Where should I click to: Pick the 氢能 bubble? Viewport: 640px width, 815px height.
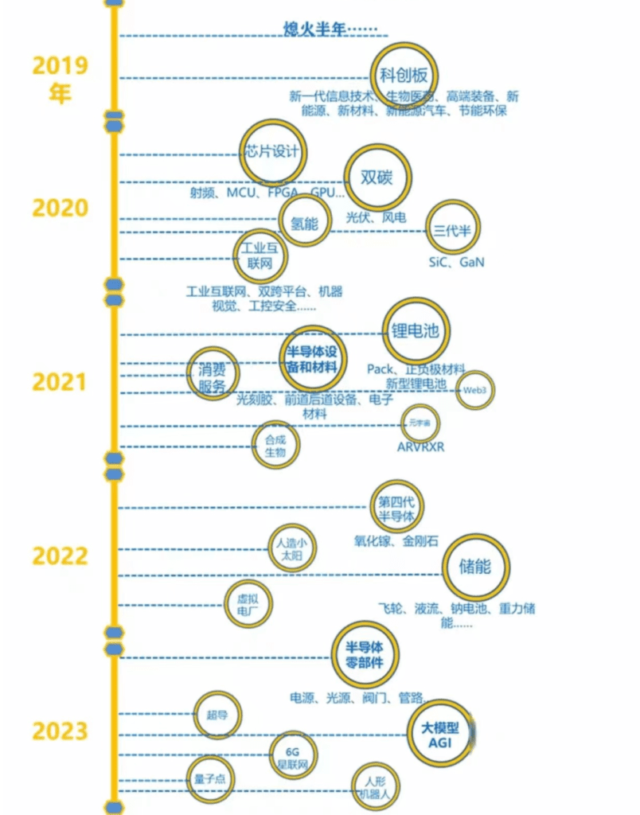304,223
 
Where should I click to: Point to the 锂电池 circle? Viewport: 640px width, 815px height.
416,331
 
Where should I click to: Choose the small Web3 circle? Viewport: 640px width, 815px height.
474,390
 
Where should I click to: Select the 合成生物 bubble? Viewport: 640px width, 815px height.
275,445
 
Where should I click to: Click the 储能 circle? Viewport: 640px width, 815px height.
475,567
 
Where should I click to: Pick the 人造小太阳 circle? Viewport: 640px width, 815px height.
291,549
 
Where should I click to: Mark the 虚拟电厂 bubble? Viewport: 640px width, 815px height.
248,604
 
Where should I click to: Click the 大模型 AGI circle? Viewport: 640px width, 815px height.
441,732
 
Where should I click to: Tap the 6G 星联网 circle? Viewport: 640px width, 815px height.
294,755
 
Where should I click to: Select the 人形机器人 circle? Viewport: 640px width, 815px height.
376,784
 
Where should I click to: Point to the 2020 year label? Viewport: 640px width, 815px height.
60,208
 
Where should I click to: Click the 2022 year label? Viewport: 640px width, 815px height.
60,556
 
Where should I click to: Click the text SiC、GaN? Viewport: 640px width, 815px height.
455,262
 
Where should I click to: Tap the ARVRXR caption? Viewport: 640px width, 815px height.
421,446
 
